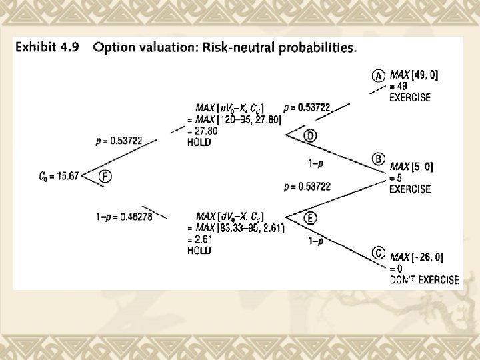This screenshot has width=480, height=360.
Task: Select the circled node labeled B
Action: tap(378, 159)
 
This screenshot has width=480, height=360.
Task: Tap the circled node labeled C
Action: tap(378, 254)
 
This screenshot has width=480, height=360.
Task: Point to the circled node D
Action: tap(311, 135)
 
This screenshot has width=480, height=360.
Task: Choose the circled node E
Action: tap(311, 217)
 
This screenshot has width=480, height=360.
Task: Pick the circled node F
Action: tap(105, 176)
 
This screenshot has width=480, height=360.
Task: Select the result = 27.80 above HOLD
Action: tap(203, 131)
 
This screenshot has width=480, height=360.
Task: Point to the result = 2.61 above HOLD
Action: tap(201, 239)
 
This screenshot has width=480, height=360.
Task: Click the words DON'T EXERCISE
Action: tap(424, 280)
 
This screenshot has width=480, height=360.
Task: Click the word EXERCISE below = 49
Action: tap(409, 97)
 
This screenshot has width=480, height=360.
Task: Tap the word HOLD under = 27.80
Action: tap(200, 142)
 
